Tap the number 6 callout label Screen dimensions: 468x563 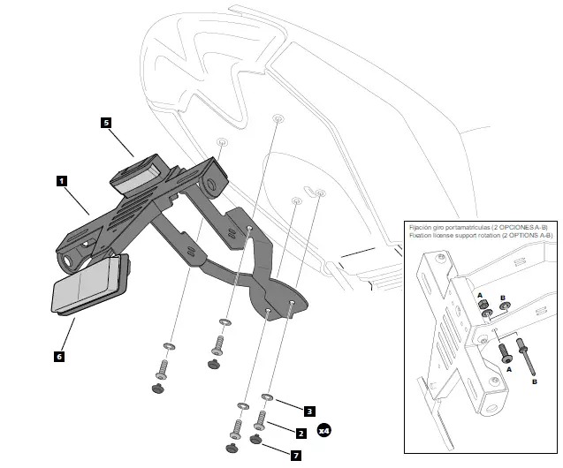(58, 357)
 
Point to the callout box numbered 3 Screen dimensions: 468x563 (309, 411)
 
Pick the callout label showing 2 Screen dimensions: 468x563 (301, 433)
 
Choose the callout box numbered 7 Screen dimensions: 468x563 (296, 456)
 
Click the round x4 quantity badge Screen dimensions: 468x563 (324, 431)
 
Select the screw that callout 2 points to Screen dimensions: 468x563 (262, 419)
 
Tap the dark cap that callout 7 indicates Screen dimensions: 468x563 (256, 439)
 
